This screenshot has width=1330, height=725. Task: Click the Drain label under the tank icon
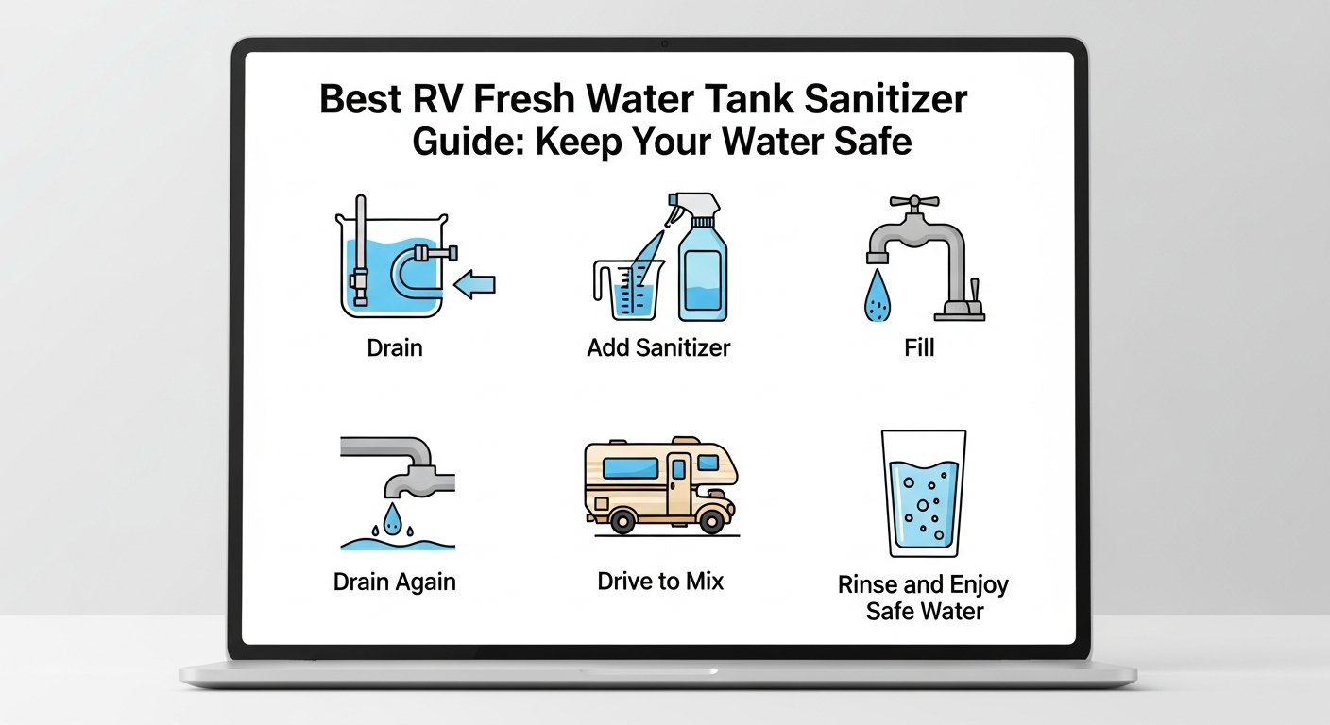(395, 347)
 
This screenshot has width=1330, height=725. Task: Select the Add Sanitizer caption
(658, 347)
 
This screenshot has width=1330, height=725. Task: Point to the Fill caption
(919, 347)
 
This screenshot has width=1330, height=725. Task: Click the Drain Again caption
(395, 582)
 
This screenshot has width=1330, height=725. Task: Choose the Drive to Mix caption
(660, 581)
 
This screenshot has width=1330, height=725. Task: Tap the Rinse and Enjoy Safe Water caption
(924, 598)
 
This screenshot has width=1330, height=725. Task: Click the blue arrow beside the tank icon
(475, 282)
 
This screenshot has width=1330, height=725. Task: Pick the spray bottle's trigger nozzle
(693, 206)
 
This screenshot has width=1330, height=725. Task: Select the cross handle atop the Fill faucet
(913, 203)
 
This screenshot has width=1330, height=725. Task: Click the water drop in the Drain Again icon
(392, 514)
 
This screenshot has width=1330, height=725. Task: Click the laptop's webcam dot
(665, 43)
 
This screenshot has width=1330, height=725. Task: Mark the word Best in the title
(357, 100)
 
